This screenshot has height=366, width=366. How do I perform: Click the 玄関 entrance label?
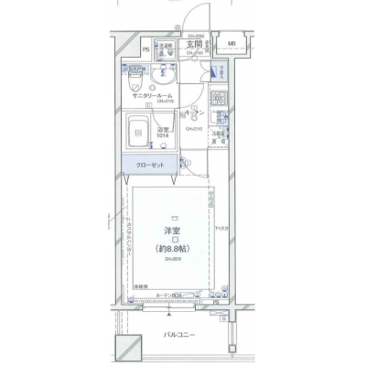click(x=195, y=43)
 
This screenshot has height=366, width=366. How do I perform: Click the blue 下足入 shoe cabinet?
click(x=220, y=74)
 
